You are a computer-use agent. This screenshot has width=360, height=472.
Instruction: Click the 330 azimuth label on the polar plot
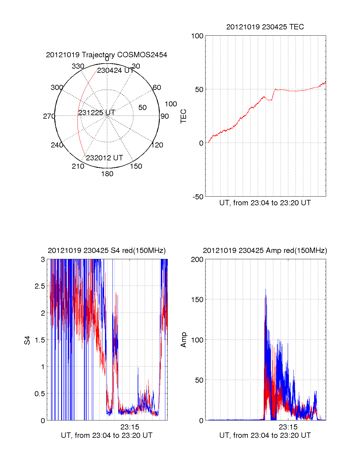[x=78, y=66]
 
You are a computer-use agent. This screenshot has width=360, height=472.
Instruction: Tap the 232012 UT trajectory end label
[x=104, y=158]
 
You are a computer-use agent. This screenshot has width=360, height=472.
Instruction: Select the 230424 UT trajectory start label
[x=115, y=70]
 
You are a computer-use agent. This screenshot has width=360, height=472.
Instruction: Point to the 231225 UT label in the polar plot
[x=97, y=113]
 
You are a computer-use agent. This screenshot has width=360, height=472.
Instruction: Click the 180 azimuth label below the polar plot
[x=107, y=174]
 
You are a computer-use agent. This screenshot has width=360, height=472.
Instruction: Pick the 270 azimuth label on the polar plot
[x=49, y=116]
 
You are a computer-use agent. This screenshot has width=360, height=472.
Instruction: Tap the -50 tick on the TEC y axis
[x=198, y=197]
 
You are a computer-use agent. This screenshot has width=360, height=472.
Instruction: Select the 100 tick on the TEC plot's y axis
[x=197, y=36]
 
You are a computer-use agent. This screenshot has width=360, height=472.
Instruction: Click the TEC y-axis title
[x=183, y=116]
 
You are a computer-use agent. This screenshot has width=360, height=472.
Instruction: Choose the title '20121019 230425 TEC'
[x=265, y=27]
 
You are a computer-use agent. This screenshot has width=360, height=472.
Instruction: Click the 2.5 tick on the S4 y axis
[x=40, y=286]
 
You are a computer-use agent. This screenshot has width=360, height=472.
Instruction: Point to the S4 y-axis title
[x=27, y=340]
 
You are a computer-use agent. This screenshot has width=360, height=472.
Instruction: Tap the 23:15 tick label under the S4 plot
[x=130, y=427]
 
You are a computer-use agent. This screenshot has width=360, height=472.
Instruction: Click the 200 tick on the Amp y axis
[x=197, y=260]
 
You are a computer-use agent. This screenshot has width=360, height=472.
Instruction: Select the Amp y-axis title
[x=183, y=340]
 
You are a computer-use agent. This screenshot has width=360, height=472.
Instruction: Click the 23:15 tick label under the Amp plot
[x=288, y=427]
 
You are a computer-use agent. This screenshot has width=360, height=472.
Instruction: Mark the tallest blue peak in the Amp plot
[x=265, y=289]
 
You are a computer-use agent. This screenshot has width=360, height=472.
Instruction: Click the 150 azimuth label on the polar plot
[x=136, y=166]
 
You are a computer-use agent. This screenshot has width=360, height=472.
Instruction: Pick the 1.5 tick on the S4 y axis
[x=40, y=340]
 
